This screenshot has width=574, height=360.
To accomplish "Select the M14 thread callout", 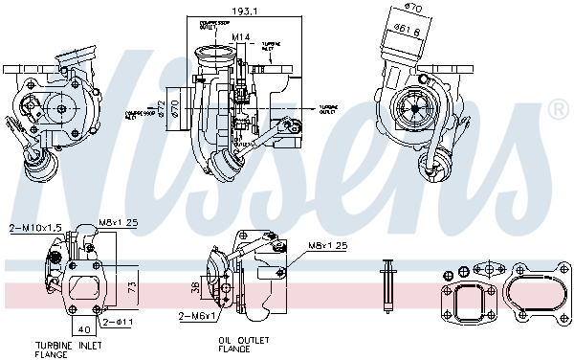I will (x=242, y=36).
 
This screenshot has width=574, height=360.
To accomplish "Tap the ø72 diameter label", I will (x=163, y=106).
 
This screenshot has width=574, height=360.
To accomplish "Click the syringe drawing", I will (x=387, y=284).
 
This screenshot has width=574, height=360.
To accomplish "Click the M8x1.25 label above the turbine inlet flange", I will (x=119, y=222).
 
